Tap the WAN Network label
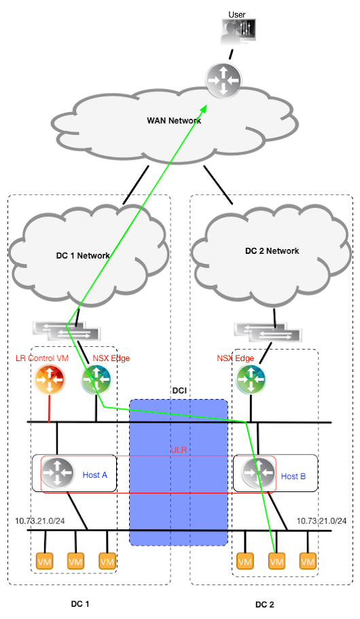pos(174,121)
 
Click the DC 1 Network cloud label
pos(82,256)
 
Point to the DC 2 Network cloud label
pos(272,250)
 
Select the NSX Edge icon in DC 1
pos(96,379)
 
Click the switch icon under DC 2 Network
pos(268,332)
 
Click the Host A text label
pos(94,475)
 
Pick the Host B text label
pos(293,476)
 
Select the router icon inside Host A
pos(57,473)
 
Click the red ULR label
pos(178,450)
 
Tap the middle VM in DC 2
pos(276,562)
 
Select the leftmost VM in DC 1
pos(44,562)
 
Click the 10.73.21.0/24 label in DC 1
pos(39,521)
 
